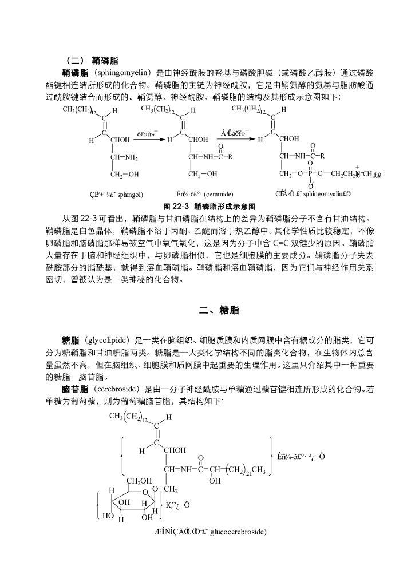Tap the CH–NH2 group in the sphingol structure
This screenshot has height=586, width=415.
click(x=124, y=156)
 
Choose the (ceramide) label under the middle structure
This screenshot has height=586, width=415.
click(x=218, y=194)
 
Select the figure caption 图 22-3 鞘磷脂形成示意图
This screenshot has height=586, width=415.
click(x=209, y=205)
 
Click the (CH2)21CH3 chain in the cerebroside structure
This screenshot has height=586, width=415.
click(x=243, y=470)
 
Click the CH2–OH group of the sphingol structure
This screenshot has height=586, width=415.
click(x=124, y=173)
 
